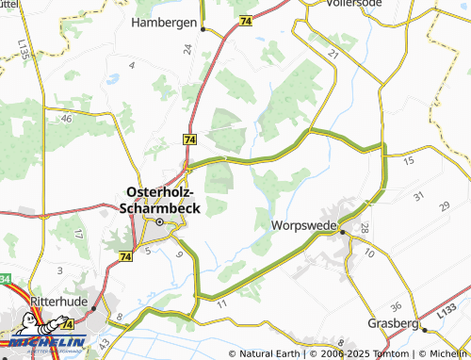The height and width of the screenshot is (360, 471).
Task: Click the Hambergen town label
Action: [x=165, y=22]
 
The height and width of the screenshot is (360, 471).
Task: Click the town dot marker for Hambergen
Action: [x=203, y=29]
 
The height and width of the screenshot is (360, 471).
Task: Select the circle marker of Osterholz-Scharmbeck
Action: [x=160, y=222]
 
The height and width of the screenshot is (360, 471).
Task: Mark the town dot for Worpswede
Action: [x=343, y=231]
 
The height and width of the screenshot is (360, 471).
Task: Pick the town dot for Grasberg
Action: [x=423, y=330]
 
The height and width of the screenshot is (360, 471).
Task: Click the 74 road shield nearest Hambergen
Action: [x=245, y=21]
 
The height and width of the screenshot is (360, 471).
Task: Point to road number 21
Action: [x=333, y=55]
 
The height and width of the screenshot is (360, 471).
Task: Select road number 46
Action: [x=66, y=120]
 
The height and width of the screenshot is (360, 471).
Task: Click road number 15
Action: [x=408, y=162]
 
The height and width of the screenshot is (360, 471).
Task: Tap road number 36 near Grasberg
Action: [x=396, y=306]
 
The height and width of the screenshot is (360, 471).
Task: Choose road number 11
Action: [x=222, y=304]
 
